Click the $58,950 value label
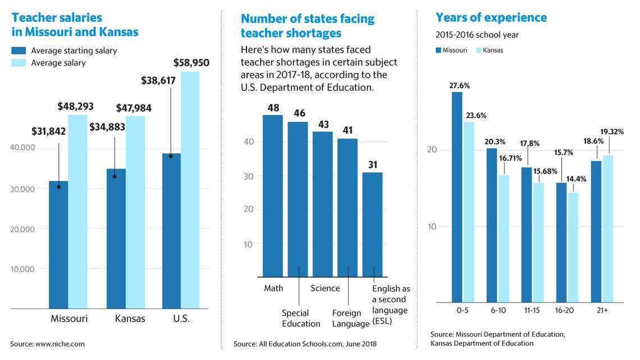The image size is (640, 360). tap(191, 63)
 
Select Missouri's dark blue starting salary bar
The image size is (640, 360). tap(58, 244)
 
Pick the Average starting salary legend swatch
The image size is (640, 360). tap(19, 51)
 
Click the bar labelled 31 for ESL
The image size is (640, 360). tap(372, 224)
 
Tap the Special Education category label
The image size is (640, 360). tap(300, 318)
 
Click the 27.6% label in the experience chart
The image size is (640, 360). tap(459, 86)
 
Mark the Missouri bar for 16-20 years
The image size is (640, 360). tap(561, 242)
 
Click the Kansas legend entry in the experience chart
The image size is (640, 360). tap(490, 50)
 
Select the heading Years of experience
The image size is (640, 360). tap(491, 17)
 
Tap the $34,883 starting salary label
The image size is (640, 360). tap(107, 127)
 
